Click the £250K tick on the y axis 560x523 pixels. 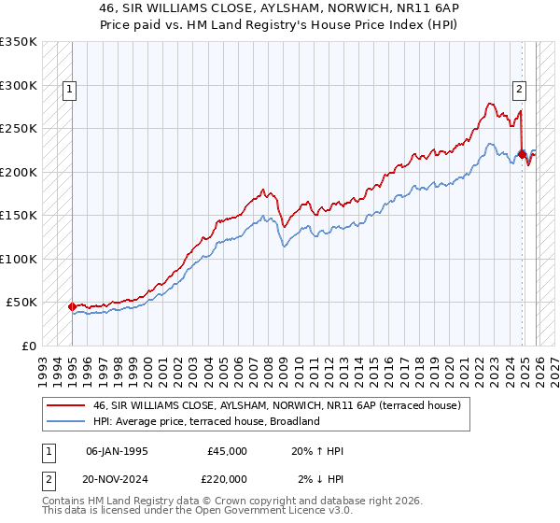point(18,129)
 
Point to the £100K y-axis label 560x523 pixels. point(18,259)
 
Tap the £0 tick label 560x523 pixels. point(28,346)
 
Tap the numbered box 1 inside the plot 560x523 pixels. point(70,90)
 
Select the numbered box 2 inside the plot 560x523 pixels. point(519,90)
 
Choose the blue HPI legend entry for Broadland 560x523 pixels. point(206,421)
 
